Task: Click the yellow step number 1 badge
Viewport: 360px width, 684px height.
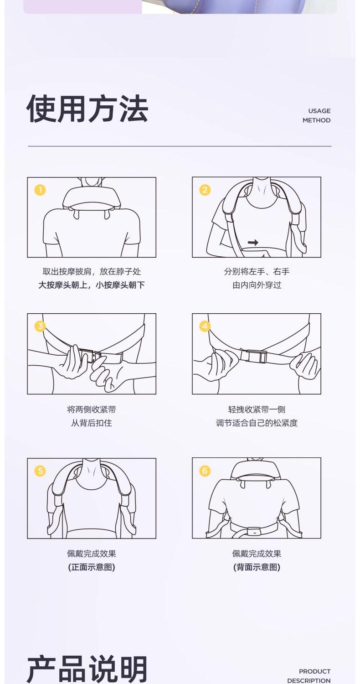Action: [x=40, y=190]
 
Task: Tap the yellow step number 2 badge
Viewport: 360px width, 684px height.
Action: [x=205, y=190]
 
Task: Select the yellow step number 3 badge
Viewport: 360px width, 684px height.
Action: [x=40, y=326]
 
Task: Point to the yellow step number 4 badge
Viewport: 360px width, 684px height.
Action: [x=205, y=326]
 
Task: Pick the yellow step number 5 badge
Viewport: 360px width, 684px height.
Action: [x=40, y=471]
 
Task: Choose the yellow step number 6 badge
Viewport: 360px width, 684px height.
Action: [x=205, y=471]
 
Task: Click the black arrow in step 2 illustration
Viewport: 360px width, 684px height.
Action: [x=253, y=243]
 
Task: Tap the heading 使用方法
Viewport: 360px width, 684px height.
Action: [x=87, y=109]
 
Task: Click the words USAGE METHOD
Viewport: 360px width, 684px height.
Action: [x=316, y=115]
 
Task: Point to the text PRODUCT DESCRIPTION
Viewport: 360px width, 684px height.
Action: [x=309, y=675]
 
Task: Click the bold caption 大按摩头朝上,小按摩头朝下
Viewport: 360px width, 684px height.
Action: [x=92, y=285]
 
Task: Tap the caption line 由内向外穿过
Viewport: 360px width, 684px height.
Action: [x=257, y=285]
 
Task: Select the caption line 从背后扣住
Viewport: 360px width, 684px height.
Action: [x=92, y=423]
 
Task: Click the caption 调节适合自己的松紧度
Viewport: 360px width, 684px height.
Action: [x=257, y=423]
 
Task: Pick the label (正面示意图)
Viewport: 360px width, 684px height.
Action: [x=92, y=567]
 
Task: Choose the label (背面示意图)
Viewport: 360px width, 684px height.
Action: [x=257, y=567]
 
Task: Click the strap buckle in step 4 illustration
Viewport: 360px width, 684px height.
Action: [x=253, y=356]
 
